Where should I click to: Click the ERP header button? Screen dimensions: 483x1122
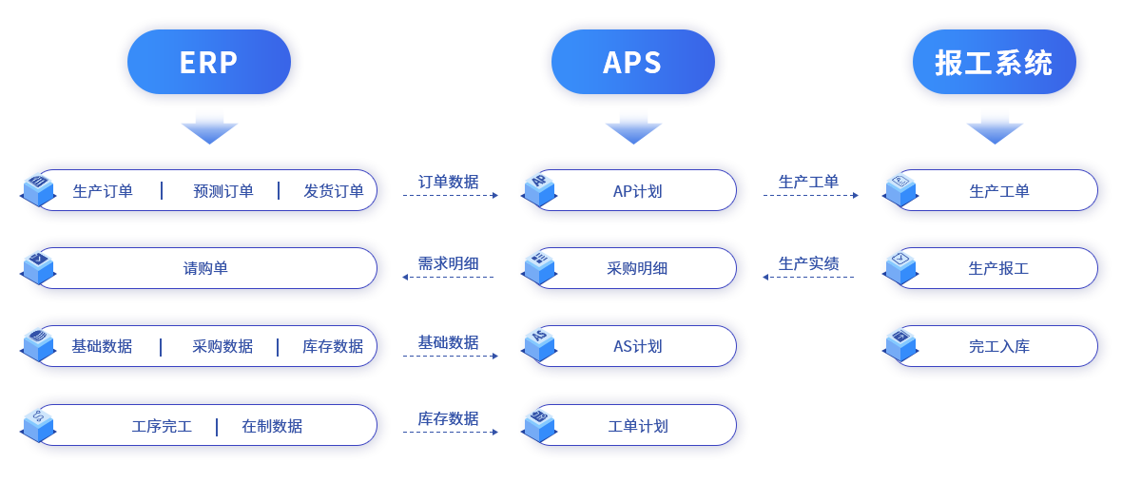pyautogui.click(x=209, y=63)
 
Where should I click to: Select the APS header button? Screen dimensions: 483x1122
pyautogui.click(x=632, y=63)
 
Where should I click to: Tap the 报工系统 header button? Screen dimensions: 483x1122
pyautogui.click(x=994, y=63)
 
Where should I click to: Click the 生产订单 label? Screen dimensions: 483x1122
pyautogui.click(x=103, y=191)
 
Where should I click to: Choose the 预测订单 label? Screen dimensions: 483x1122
pyautogui.click(x=223, y=191)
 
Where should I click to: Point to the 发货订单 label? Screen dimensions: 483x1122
pyautogui.click(x=334, y=191)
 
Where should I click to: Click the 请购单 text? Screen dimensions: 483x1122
pyautogui.click(x=205, y=269)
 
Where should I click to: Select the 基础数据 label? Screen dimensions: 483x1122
pyautogui.click(x=102, y=347)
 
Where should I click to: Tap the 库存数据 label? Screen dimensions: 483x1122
pyautogui.click(x=333, y=347)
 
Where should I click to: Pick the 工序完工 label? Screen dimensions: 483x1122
pyautogui.click(x=162, y=427)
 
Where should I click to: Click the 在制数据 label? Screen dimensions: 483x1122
pyautogui.click(x=272, y=427)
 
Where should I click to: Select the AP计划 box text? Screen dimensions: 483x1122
pyautogui.click(x=637, y=191)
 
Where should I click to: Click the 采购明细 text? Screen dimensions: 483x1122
pyautogui.click(x=637, y=269)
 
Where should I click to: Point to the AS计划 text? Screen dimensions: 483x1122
pyautogui.click(x=637, y=347)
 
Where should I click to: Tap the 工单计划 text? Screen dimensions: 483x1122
pyautogui.click(x=637, y=427)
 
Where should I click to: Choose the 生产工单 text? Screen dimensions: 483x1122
pyautogui.click(x=999, y=191)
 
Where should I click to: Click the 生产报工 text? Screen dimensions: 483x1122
pyautogui.click(x=998, y=269)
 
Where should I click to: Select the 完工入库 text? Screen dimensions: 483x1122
pyautogui.click(x=999, y=347)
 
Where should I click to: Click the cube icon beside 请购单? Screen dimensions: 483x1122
pyautogui.click(x=39, y=268)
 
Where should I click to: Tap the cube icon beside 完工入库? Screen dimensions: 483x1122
pyautogui.click(x=900, y=344)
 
